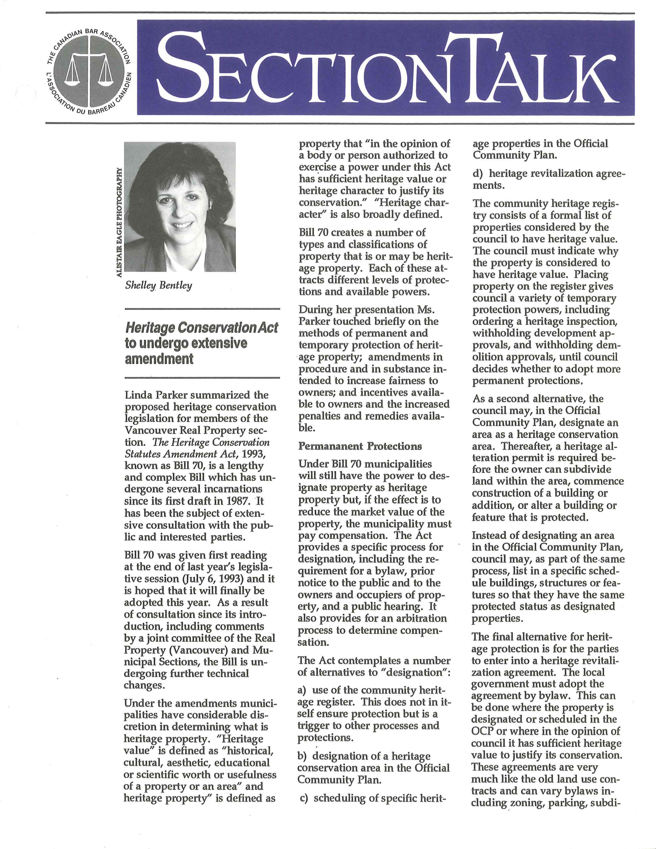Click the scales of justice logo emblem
point(88,68)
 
